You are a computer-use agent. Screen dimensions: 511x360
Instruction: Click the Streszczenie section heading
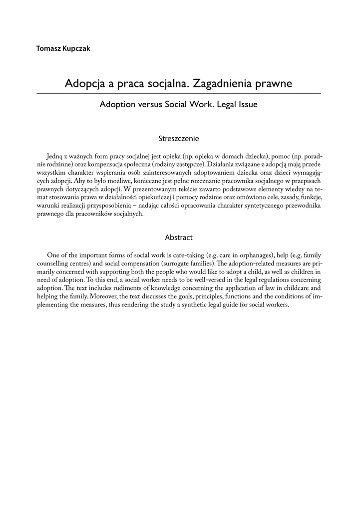point(179,137)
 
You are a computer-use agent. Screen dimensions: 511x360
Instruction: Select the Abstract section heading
point(179,238)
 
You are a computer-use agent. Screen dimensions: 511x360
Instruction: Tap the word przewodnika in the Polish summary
point(297,205)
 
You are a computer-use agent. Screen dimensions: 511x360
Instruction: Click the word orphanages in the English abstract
point(253,255)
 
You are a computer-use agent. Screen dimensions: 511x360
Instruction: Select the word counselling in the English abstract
point(54,263)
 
